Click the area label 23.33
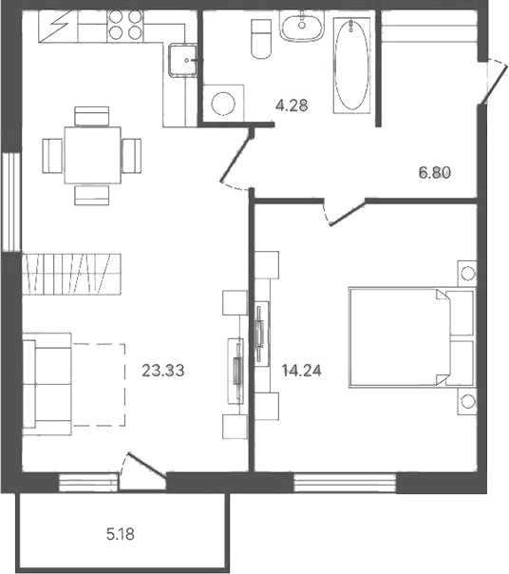click(163, 371)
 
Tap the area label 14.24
click(302, 371)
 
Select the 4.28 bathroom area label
click(292, 105)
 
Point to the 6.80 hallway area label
click(435, 172)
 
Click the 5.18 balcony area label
click(121, 535)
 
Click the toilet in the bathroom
click(261, 38)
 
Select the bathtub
click(351, 65)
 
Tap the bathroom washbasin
click(302, 25)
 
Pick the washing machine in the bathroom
click(223, 104)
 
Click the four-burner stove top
click(125, 25)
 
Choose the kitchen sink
click(182, 61)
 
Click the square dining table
click(92, 155)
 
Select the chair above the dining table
click(91, 116)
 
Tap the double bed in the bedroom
click(412, 337)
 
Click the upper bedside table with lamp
click(467, 273)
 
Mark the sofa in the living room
click(47, 384)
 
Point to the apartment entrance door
click(495, 82)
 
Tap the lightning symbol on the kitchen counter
click(58, 26)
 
